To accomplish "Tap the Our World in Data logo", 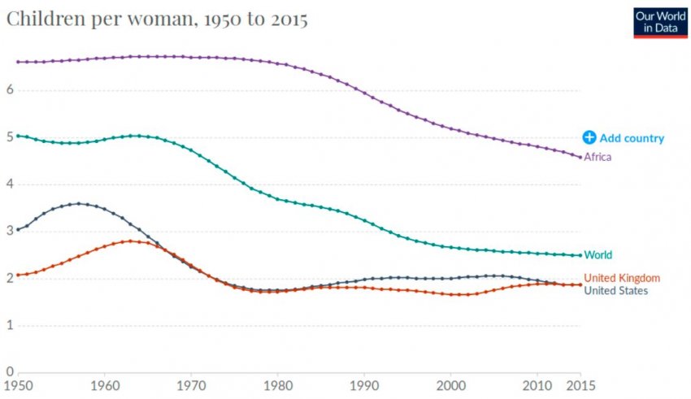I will pos(660,22).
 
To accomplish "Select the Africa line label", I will pos(598,157).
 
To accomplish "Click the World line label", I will pos(598,254).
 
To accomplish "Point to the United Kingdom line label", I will pos(622,278).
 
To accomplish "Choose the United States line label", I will pos(616,290).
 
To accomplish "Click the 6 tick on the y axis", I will pos(9,89).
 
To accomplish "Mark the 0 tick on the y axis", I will pos(9,372).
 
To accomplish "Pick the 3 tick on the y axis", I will pos(9,231).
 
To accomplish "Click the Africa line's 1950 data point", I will pos(18,62).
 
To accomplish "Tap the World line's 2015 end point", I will pos(580,255).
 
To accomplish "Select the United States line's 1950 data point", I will pos(18,229).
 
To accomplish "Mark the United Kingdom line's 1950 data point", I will pos(18,275).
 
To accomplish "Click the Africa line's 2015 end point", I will pos(580,157).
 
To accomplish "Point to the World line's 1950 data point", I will pos(18,136).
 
